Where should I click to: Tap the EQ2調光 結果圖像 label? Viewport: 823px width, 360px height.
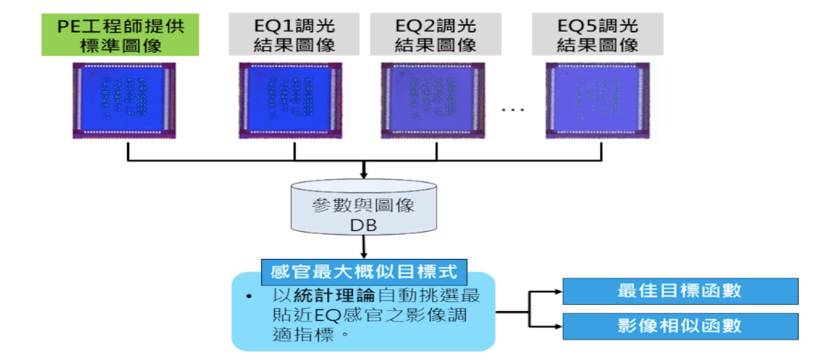(436, 34)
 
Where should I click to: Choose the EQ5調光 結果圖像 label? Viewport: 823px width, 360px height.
(597, 34)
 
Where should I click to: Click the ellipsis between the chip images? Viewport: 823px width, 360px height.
(513, 109)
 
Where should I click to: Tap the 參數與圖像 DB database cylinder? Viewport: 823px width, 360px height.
(364, 207)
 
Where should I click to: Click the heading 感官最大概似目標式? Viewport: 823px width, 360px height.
(364, 269)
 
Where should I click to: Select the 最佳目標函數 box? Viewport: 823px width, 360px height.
(680, 291)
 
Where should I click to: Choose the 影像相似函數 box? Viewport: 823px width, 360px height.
(680, 326)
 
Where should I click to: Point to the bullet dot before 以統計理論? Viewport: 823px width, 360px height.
(248, 295)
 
